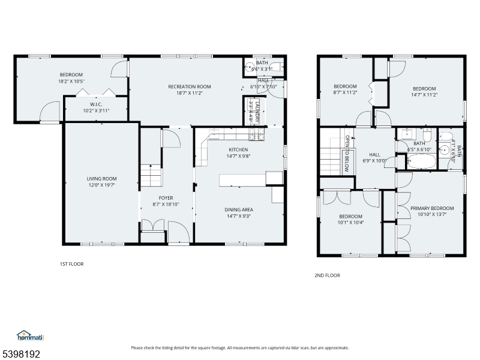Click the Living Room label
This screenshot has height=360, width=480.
coord(101,178)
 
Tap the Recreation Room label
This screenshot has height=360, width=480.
coord(189,86)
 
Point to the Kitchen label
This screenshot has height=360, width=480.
coord(238,149)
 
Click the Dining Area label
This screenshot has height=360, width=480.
coord(238,209)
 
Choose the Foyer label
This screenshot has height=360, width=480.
coord(166,197)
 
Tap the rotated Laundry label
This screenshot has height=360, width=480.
coord(255,112)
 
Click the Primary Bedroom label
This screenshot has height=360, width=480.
coord(432,208)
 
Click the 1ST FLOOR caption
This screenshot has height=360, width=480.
coord(71,263)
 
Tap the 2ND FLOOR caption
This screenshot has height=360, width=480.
coord(327,275)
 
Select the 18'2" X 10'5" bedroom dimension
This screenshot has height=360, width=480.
coord(71,81)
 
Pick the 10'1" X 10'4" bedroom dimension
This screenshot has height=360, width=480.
coord(350,223)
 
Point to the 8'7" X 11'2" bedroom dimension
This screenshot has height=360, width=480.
coord(345,92)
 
